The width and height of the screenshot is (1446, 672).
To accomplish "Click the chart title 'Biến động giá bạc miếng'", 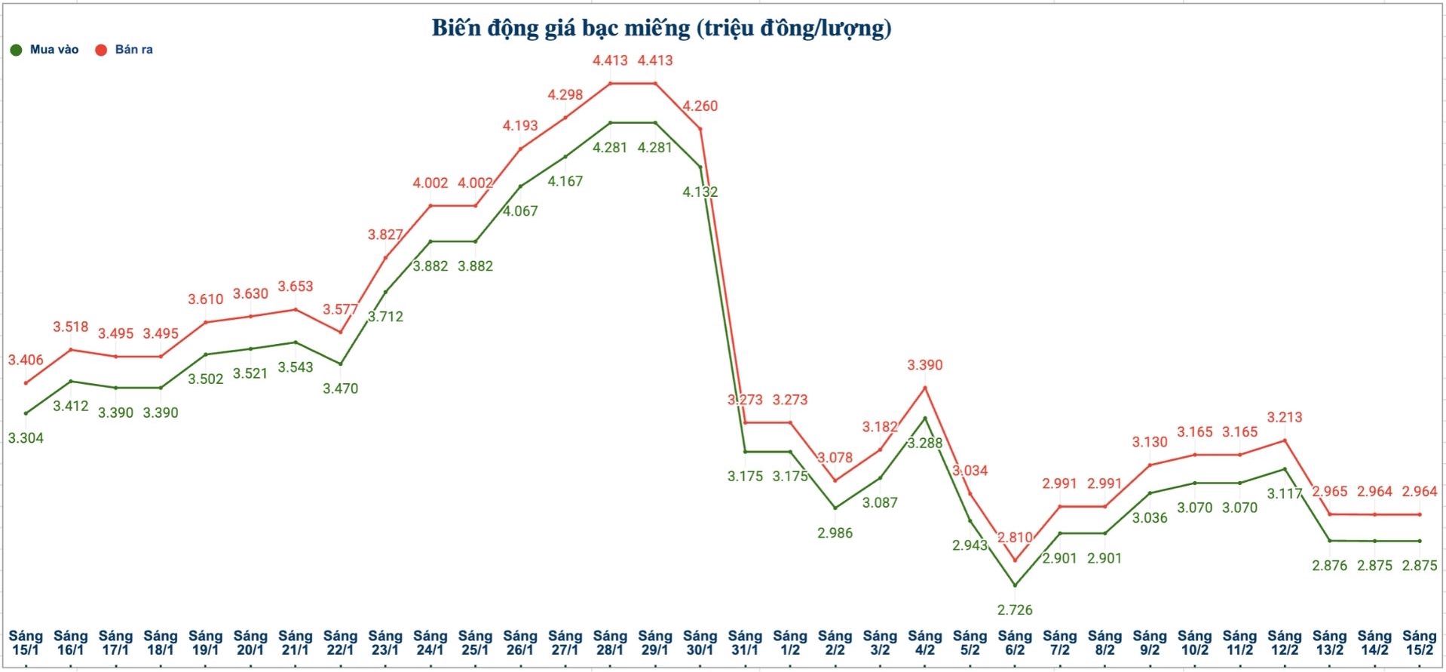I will click(x=661, y=29).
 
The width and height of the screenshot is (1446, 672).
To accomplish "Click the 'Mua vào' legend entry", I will click(x=45, y=50).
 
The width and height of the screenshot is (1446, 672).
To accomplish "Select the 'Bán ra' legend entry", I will click(x=124, y=50).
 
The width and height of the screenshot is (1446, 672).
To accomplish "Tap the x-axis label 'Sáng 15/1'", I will click(x=26, y=643).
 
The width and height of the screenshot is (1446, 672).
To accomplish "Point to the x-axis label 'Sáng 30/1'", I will click(x=700, y=643).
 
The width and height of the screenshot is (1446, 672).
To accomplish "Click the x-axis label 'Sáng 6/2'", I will click(x=1015, y=643).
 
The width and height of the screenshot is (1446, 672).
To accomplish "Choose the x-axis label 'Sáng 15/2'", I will click(x=1420, y=643).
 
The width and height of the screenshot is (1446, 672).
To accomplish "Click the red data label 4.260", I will click(x=700, y=106).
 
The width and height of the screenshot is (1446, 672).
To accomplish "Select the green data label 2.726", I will click(x=1015, y=609).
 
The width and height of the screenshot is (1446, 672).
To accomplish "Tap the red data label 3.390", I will click(x=925, y=365).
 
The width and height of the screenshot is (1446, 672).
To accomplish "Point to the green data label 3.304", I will click(x=26, y=438).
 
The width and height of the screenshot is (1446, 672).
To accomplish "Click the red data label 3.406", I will click(x=26, y=361).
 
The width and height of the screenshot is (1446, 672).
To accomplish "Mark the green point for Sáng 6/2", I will click(x=1015, y=585).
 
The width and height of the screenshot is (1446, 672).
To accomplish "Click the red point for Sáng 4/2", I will click(x=925, y=388).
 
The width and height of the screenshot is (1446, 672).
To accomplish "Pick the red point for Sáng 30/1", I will click(x=701, y=128).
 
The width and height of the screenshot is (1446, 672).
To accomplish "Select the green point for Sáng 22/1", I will click(x=341, y=364).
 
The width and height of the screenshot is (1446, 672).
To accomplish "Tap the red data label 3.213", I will click(x=1285, y=417).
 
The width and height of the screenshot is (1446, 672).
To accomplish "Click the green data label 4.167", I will click(x=565, y=181).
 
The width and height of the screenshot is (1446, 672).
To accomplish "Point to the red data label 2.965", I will click(x=1329, y=492).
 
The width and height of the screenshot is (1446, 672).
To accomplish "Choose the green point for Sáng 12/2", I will click(x=1285, y=469).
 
